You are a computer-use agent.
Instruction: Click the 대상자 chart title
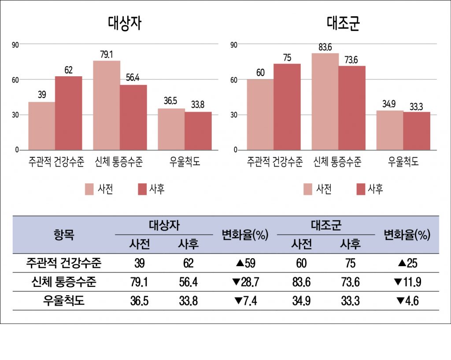pos(124,23)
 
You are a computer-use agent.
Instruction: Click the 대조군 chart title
pos(343,23)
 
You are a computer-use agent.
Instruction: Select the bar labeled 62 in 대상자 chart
pos(68,113)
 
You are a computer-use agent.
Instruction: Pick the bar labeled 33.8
pos(198,131)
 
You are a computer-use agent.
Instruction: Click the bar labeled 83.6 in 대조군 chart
pos(325,101)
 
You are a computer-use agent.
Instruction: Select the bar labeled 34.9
pos(389,130)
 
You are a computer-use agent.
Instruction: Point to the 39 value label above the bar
pos(42,95)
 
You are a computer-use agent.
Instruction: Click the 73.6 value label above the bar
pos(351,59)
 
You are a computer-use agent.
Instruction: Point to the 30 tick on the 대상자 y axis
pos(16,115)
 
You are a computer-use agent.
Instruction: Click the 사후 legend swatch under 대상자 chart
pos(142,189)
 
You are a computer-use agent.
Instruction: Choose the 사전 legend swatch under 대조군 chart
pos(307,189)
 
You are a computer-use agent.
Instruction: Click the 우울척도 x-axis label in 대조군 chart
pos(403,162)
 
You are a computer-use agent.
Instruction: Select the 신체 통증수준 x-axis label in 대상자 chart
pos(119,162)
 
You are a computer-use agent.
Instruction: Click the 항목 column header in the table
pos(63,235)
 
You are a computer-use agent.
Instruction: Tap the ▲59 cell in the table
pos(245,264)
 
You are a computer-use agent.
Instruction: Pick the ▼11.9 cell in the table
pos(407,282)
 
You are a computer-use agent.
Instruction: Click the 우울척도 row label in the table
pos(63,301)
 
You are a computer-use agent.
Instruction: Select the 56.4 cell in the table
pos(188,282)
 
